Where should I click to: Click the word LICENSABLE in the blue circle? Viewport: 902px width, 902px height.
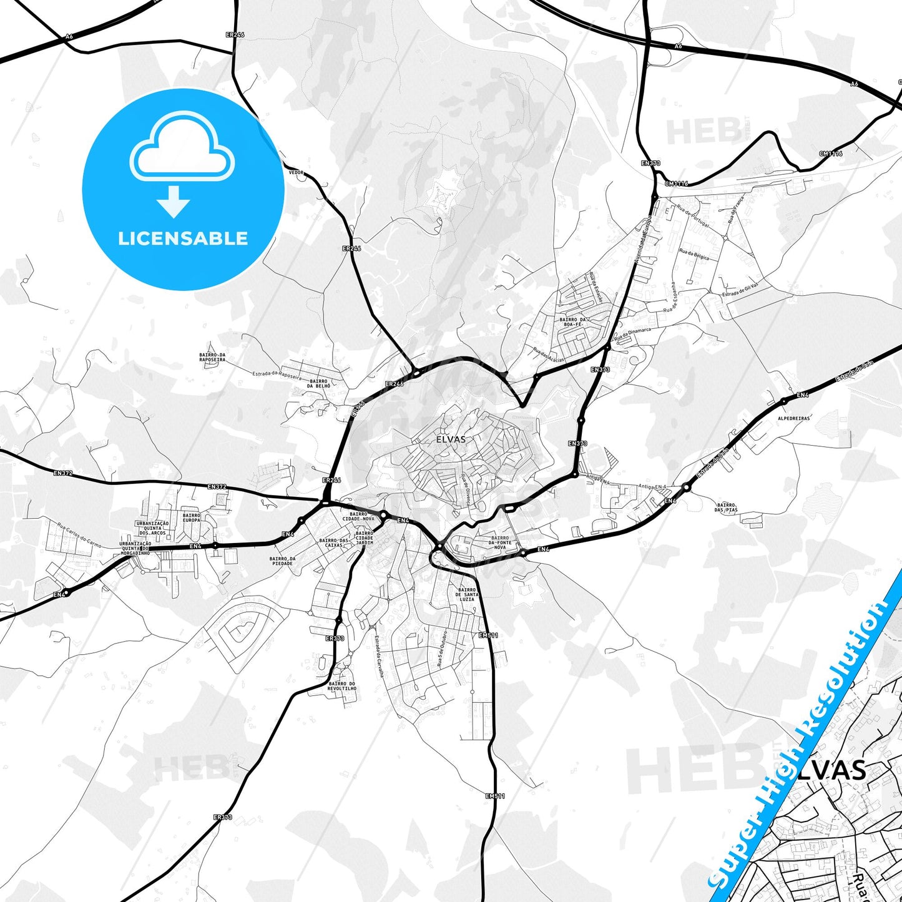[183, 238]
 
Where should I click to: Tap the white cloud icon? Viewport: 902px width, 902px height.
[182, 150]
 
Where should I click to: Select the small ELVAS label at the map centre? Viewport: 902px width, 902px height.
[451, 439]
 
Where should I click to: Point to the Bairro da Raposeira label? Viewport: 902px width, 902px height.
[212, 357]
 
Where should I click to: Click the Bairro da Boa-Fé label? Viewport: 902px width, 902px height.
[573, 322]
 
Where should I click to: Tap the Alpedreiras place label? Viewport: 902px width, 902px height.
[794, 418]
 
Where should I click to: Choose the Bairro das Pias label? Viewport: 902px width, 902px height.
[727, 507]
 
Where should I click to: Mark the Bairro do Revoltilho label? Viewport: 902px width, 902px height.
[341, 685]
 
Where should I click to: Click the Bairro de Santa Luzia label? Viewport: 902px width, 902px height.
[467, 594]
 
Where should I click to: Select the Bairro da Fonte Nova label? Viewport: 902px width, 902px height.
[500, 542]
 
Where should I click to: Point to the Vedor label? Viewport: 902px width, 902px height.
[296, 172]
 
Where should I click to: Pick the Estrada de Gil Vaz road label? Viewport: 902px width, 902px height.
[740, 290]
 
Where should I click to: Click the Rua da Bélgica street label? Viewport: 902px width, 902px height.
[694, 255]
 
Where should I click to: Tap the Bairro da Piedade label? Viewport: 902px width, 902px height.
[282, 561]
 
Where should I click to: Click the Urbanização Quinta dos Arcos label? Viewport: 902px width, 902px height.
[152, 528]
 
